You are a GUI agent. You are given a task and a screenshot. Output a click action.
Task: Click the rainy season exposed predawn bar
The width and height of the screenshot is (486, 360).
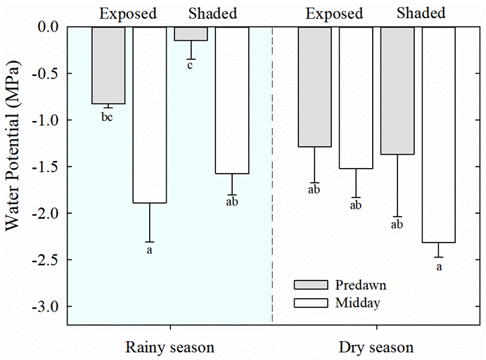(x=108, y=65)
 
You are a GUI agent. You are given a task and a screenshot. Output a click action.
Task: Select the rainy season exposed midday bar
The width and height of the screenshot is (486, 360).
(x=149, y=115)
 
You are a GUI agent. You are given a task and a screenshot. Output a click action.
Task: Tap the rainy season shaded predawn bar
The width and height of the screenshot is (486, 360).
(x=191, y=34)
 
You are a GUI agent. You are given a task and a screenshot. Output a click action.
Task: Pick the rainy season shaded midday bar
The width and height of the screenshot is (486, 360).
(x=231, y=100)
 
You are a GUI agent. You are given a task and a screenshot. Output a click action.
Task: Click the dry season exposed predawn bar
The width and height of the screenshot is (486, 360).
(x=314, y=86)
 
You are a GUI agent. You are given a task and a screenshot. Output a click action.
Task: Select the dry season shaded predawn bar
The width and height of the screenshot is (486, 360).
(x=397, y=90)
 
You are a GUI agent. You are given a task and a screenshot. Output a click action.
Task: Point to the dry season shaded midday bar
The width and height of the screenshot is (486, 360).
(x=437, y=134)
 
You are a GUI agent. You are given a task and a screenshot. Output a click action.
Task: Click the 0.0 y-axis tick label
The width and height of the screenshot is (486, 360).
(x=49, y=27)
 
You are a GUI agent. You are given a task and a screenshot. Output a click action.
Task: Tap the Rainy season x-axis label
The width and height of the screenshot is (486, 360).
(x=170, y=347)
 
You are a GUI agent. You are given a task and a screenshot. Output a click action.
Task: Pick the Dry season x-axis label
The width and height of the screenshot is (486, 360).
(x=376, y=347)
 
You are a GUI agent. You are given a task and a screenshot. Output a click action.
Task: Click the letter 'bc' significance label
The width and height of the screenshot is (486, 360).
(x=107, y=117)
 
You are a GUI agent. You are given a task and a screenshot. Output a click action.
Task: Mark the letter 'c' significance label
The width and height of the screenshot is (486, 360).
(x=190, y=66)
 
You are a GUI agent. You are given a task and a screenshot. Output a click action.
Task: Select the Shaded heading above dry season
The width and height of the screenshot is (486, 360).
(x=421, y=13)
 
